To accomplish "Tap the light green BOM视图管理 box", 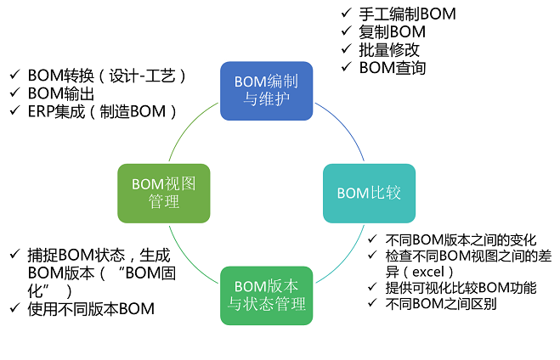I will (x=164, y=193).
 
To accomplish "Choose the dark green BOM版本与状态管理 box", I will (x=266, y=295).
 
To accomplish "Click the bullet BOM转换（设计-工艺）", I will (x=107, y=75).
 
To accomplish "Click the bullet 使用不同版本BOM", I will (x=91, y=308).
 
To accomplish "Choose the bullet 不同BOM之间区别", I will (x=441, y=304).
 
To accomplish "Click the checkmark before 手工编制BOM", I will (x=344, y=14).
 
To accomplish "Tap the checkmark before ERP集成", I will (x=14, y=111).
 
